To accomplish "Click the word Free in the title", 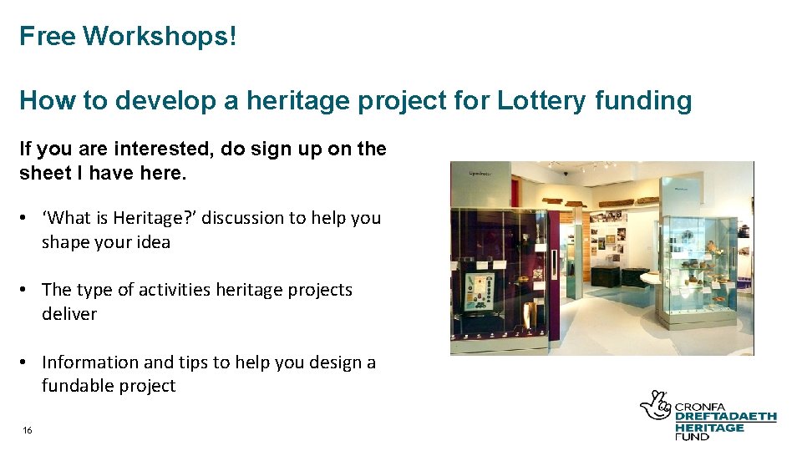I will pyautogui.click(x=48, y=36).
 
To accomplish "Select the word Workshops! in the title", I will pyautogui.click(x=160, y=36).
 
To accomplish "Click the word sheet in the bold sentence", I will pyautogui.click(x=43, y=173).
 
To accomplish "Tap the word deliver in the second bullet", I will pyautogui.click(x=69, y=314).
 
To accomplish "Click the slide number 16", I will pyautogui.click(x=28, y=430).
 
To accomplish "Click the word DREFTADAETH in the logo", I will pyautogui.click(x=725, y=417).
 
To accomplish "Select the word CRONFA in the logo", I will pyautogui.click(x=698, y=407).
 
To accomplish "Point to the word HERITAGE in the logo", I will pyautogui.click(x=709, y=427).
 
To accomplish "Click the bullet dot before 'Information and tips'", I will pyautogui.click(x=28, y=362).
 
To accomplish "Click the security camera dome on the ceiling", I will pyautogui.click(x=566, y=173).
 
